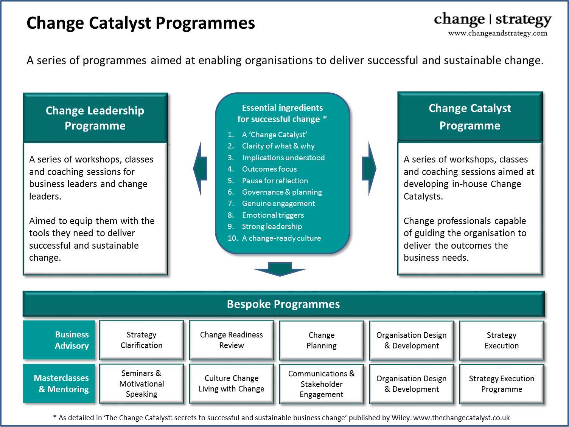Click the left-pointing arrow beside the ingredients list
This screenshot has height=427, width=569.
200,169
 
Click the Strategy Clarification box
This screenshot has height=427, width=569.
141,340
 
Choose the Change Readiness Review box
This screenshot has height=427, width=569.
232,340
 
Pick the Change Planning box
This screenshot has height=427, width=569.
322,340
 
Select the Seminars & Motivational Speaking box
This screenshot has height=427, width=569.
141,384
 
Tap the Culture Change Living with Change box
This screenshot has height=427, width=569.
232,384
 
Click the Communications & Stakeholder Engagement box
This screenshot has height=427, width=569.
322,384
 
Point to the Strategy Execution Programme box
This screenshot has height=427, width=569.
502,384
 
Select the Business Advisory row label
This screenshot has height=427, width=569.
59,340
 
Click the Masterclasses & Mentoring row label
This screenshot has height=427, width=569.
59,384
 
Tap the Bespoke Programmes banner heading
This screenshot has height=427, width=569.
283,304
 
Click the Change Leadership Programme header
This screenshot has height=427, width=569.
95,118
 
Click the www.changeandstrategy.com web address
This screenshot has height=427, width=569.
498,33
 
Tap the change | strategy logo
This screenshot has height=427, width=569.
493,20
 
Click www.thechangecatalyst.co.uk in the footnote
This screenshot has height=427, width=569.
462,418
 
